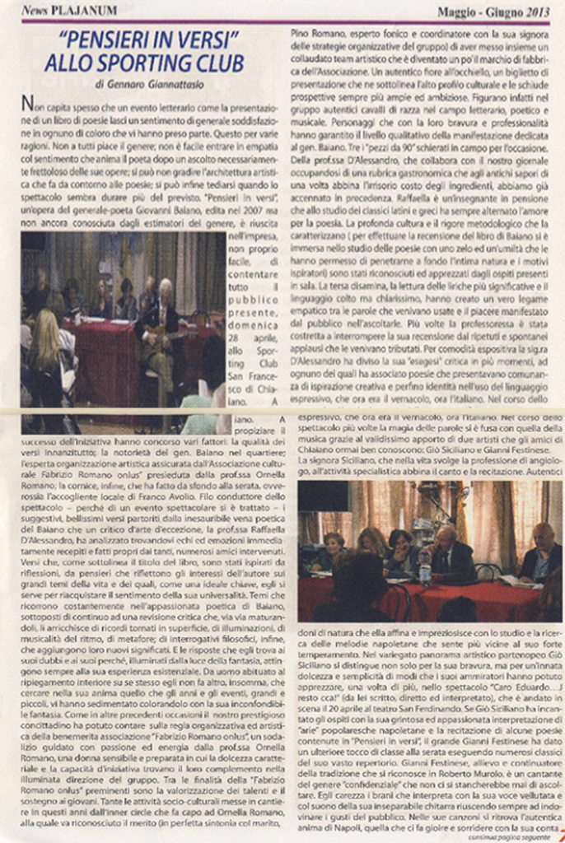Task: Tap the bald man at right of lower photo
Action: point(541,552)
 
